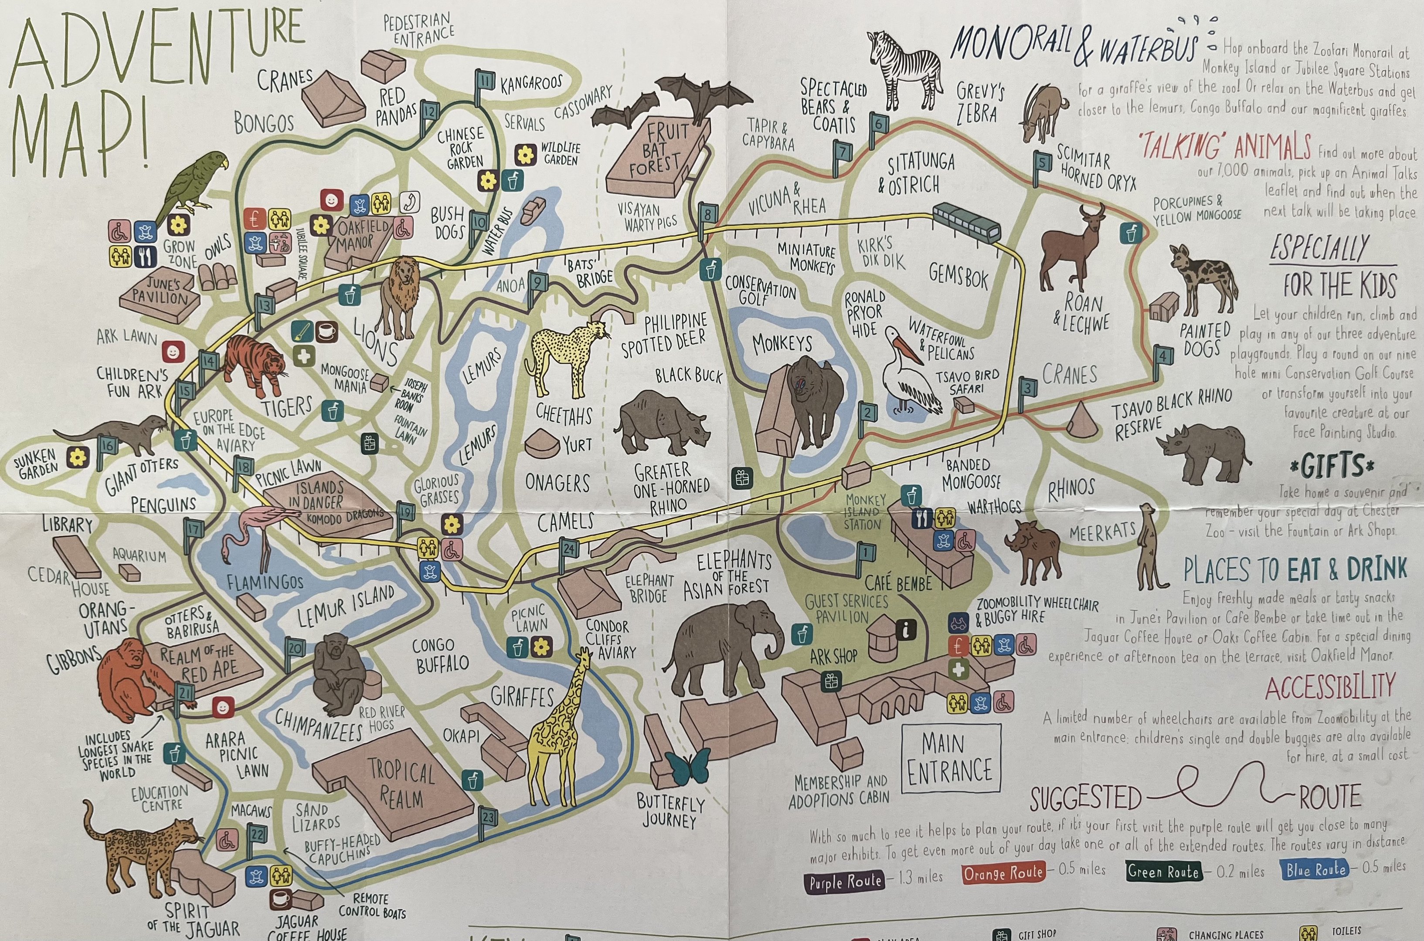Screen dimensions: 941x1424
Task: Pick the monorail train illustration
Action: click(x=966, y=221)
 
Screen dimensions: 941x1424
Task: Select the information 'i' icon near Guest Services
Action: click(x=906, y=629)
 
